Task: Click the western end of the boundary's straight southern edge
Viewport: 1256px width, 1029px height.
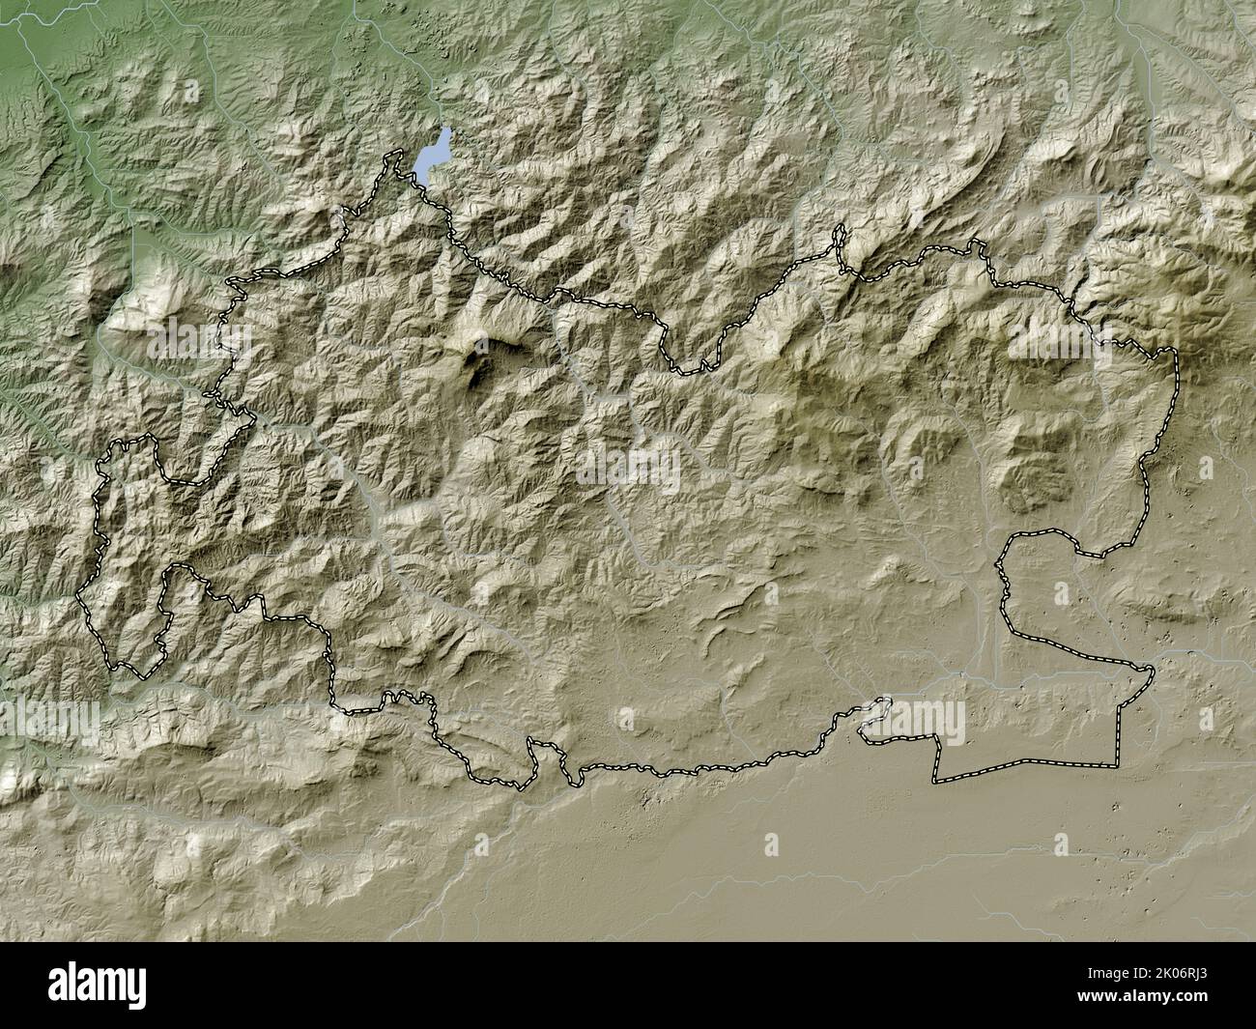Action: point(934,780)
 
